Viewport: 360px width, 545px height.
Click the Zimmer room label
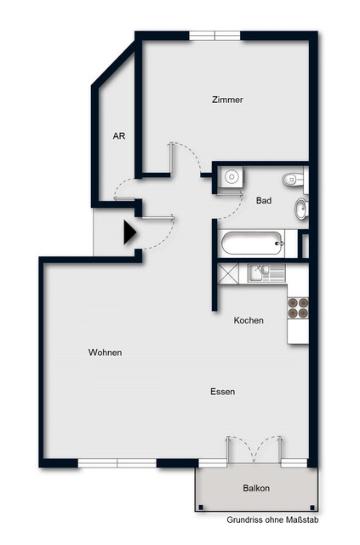tap(227, 100)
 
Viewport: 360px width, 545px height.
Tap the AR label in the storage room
tap(119, 135)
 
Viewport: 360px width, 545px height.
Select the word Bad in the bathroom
tap(263, 200)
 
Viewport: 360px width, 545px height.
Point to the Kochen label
tap(249, 320)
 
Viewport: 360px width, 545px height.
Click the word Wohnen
tap(105, 353)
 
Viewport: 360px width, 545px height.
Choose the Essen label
tap(223, 392)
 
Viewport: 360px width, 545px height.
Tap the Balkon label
tap(255, 488)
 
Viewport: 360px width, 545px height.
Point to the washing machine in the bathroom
tap(230, 177)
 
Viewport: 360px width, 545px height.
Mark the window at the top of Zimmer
tap(214, 36)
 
